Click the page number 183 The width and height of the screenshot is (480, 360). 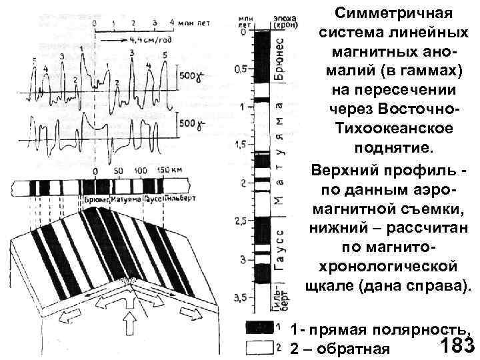(x=457, y=345)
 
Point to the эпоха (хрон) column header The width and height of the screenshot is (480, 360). (x=281, y=19)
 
